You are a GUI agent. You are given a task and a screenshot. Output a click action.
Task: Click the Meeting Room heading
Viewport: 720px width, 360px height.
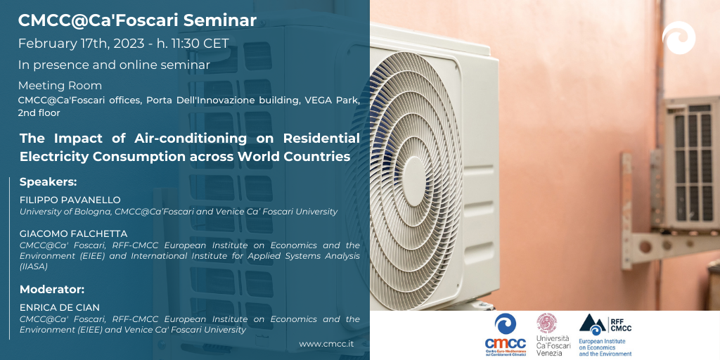[60, 86]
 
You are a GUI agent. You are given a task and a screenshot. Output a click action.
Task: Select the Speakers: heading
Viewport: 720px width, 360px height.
[49, 182]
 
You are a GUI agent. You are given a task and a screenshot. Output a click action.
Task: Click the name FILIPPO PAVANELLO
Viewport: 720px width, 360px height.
[70, 200]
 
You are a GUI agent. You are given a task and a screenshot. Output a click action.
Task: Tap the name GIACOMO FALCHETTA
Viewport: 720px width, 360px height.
[73, 234]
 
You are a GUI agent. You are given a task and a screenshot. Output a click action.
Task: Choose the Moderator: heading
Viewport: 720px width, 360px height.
[52, 290]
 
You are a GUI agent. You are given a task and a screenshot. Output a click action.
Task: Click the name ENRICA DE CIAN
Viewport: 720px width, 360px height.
[60, 308]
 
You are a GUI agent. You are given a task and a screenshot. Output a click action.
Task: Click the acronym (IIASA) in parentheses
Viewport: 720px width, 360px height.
[34, 266]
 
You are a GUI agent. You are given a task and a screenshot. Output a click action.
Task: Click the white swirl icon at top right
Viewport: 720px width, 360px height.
[679, 38]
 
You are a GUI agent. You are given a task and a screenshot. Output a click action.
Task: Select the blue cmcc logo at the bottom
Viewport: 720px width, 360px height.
[505, 335]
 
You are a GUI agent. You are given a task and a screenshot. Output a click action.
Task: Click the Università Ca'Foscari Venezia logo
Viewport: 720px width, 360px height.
[553, 335]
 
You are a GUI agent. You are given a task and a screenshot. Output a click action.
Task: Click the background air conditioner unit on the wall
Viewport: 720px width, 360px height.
[690, 162]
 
